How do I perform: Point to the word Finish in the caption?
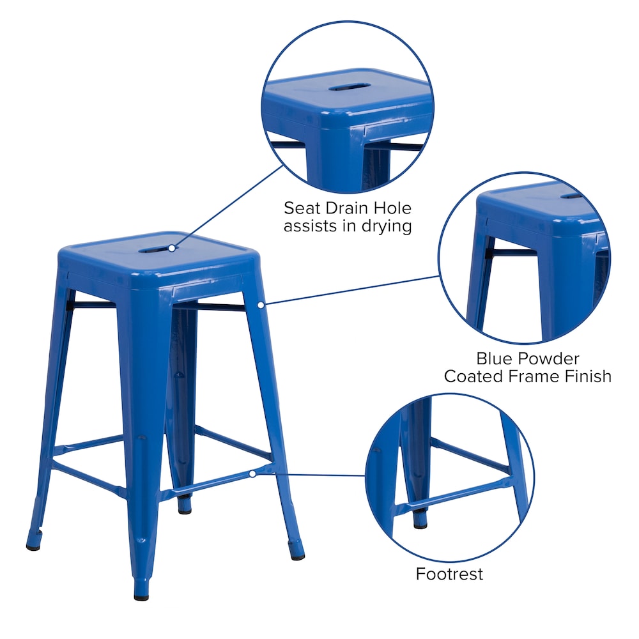(x=584, y=376)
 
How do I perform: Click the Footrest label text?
(x=449, y=574)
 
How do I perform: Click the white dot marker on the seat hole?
(x=172, y=245)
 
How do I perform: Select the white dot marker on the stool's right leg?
(x=261, y=305)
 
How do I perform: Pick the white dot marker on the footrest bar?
(x=253, y=473)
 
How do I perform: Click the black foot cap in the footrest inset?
(x=420, y=523)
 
